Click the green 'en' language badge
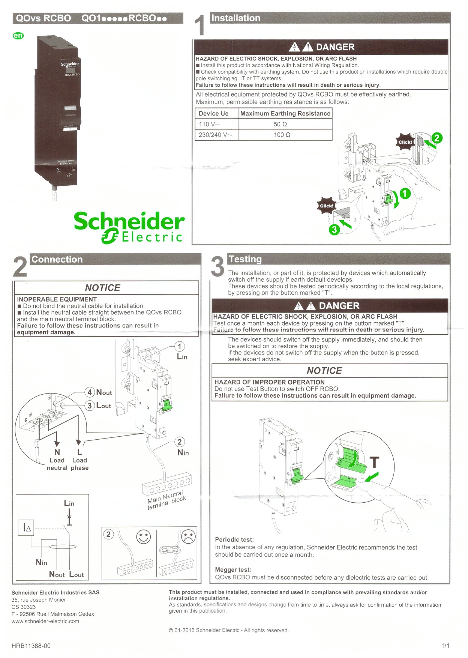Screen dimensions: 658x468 [x=18, y=36]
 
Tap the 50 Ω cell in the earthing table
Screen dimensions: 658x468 [x=280, y=124]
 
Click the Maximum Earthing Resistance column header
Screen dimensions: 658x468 [x=285, y=113]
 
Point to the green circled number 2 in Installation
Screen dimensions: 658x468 [x=436, y=138]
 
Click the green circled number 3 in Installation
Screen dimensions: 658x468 [x=334, y=230]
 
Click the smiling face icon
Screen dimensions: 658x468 [x=144, y=537]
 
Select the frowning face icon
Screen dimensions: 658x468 [x=188, y=536]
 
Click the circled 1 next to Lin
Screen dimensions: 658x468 [x=180, y=346]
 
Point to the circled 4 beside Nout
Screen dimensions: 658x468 [x=89, y=392]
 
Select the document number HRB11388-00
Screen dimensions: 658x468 [x=31, y=646]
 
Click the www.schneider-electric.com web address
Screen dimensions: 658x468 [x=45, y=621]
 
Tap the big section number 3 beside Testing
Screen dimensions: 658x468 [x=217, y=266]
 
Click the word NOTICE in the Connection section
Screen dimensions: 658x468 [x=102, y=288]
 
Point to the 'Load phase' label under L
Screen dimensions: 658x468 [x=79, y=464]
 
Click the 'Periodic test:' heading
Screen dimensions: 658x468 [x=234, y=539]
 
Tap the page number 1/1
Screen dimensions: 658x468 [x=445, y=646]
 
